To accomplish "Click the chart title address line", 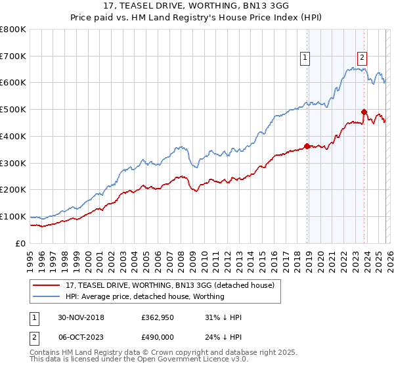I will [196, 6].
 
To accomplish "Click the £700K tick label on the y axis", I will [13, 56].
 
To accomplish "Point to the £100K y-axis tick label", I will [13, 216].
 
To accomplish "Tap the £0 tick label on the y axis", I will [21, 243].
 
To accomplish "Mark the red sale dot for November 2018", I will [307, 146].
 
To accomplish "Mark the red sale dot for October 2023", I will [363, 112].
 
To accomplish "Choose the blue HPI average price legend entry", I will [144, 296].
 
